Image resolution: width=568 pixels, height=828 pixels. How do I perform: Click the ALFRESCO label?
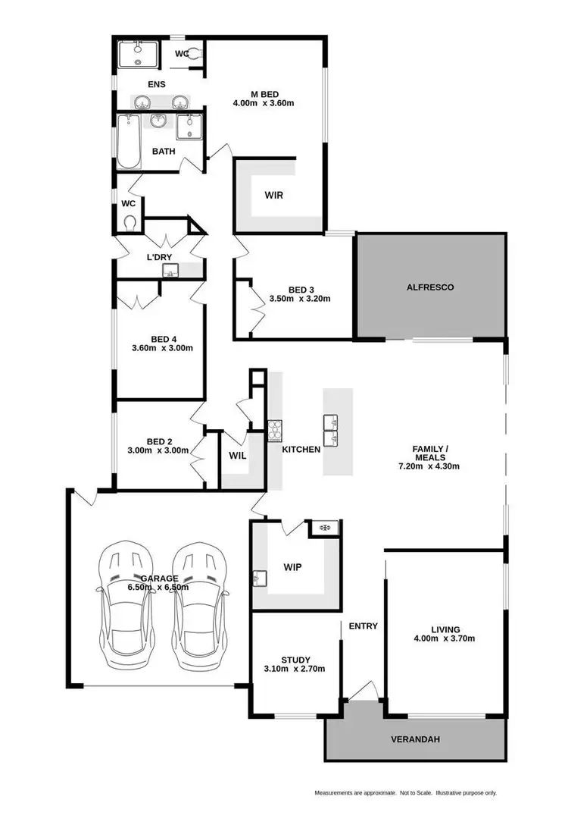pyautogui.click(x=430, y=287)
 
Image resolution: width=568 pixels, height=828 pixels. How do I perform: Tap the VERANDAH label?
pyautogui.click(x=414, y=739)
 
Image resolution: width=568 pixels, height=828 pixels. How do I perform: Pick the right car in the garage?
pyautogui.click(x=198, y=605)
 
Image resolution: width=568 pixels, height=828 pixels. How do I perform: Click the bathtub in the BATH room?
pyautogui.click(x=129, y=142)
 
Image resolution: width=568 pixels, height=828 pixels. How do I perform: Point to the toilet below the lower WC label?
pyautogui.click(x=130, y=223)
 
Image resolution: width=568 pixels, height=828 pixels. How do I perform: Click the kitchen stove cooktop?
pyautogui.click(x=274, y=430)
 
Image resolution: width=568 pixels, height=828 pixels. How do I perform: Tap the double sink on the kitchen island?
pyautogui.click(x=331, y=431)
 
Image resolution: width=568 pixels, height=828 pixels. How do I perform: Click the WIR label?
pyautogui.click(x=274, y=195)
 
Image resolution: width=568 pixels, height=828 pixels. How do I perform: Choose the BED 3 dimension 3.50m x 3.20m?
pyautogui.click(x=301, y=299)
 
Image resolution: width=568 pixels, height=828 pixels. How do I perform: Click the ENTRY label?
pyautogui.click(x=363, y=626)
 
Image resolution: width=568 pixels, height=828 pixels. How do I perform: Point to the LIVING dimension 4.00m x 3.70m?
pyautogui.click(x=444, y=638)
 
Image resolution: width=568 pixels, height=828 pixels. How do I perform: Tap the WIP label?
pyautogui.click(x=293, y=566)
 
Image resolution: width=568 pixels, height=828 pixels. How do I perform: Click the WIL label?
pyautogui.click(x=236, y=456)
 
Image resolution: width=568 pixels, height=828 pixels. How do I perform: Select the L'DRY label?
pyautogui.click(x=159, y=257)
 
